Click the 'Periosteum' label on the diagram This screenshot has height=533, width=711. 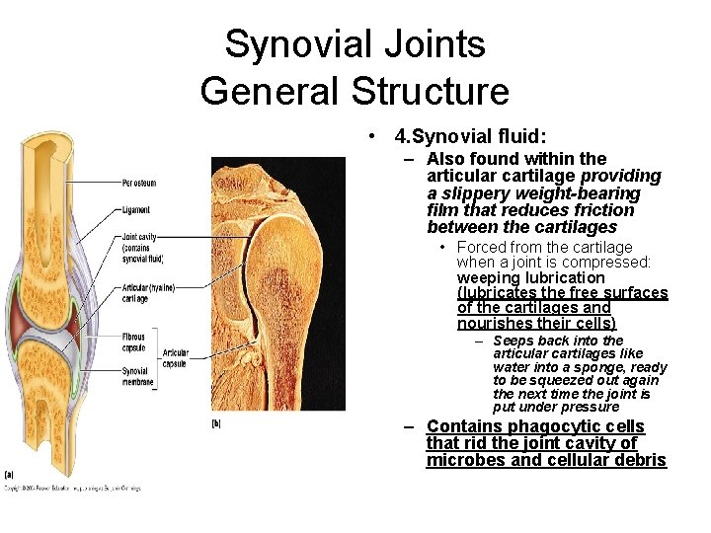coord(139,183)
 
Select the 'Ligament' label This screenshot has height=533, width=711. coord(136,209)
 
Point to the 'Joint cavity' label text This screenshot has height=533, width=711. coord(139,237)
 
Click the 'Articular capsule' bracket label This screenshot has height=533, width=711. coord(175,358)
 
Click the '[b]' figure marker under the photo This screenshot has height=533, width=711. coord(216,423)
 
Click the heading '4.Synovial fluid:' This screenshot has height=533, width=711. coord(470,135)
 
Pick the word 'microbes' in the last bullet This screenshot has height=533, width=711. coord(463,460)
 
